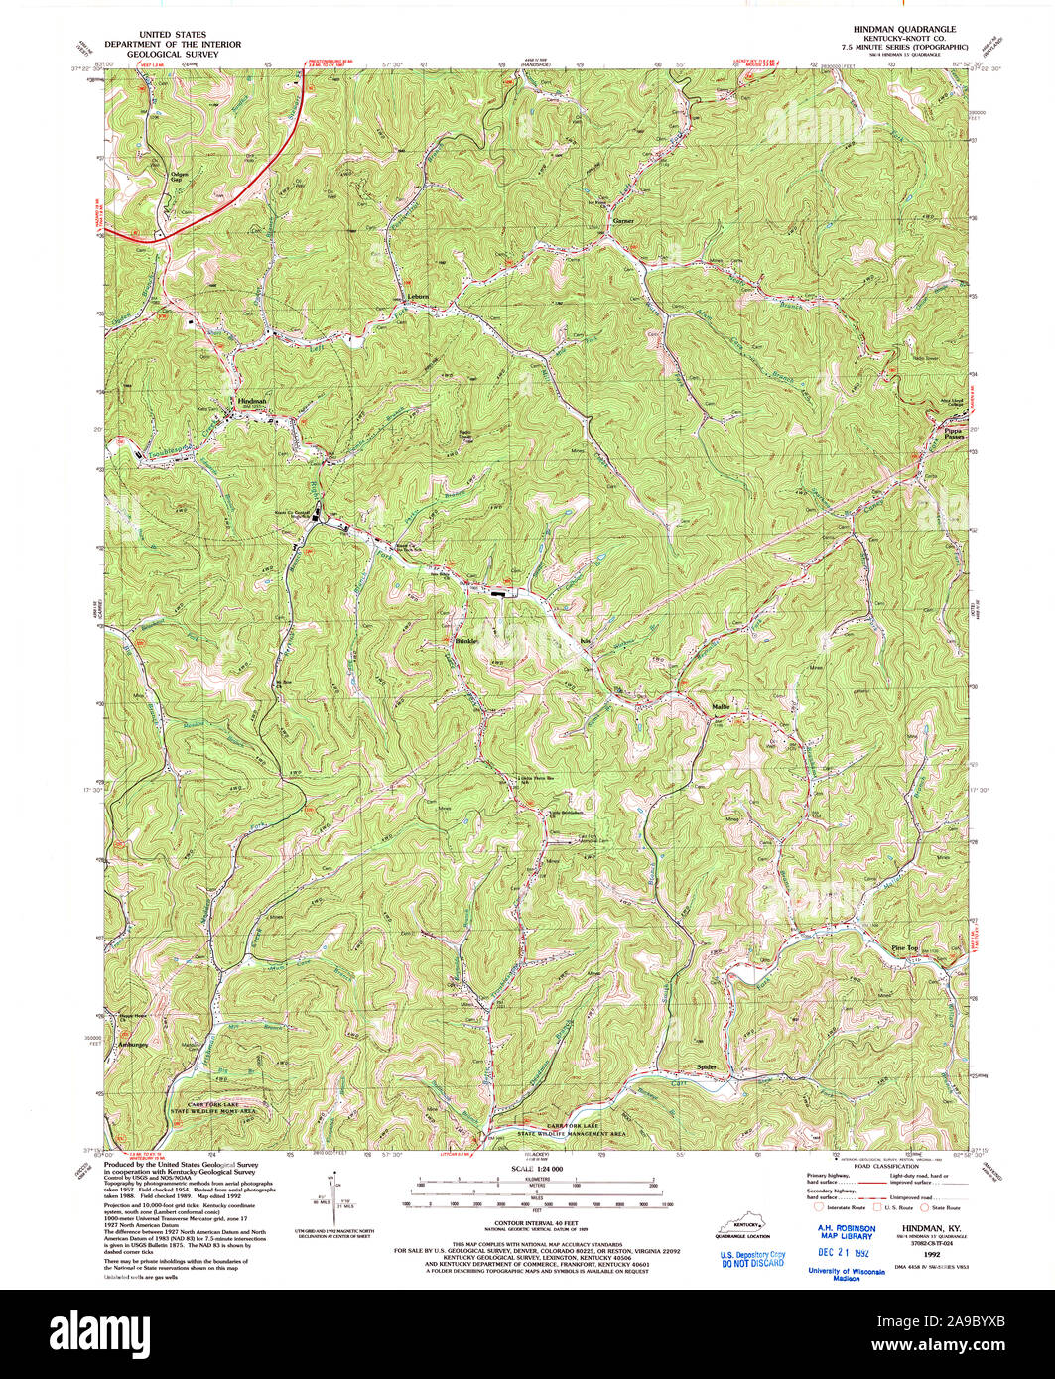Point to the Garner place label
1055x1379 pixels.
[x=623, y=219]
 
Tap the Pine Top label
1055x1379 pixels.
[x=906, y=948]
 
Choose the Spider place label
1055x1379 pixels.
[x=706, y=1068]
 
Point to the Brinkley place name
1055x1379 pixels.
[x=467, y=640]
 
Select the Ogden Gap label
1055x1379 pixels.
[x=180, y=179]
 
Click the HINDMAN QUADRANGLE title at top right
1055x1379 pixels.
[x=898, y=30]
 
